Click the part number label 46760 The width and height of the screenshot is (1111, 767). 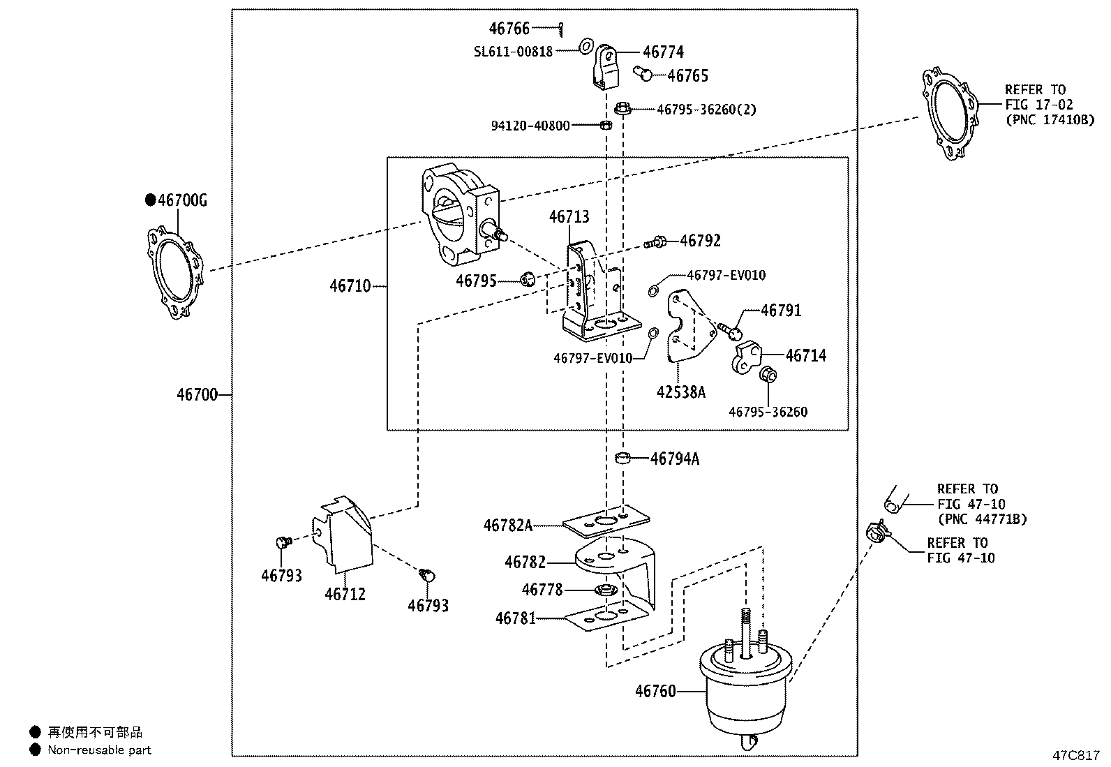coord(655,691)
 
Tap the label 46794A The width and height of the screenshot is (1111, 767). coord(674,459)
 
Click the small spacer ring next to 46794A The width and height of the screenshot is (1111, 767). coord(622,459)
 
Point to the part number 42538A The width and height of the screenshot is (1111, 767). coord(680,392)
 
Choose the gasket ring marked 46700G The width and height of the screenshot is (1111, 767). coord(174,272)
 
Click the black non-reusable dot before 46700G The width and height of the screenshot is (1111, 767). coord(149,200)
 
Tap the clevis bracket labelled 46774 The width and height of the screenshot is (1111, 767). coord(605,68)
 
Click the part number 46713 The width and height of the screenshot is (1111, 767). coord(569,216)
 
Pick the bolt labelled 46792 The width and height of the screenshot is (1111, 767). coord(655,242)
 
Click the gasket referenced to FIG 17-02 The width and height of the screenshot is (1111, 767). coord(949,113)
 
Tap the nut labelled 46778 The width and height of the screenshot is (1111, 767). coord(605,591)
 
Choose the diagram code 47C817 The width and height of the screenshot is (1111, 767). coord(1076,756)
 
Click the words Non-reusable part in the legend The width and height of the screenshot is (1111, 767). coord(99,750)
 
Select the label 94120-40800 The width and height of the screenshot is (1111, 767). coord(530,126)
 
